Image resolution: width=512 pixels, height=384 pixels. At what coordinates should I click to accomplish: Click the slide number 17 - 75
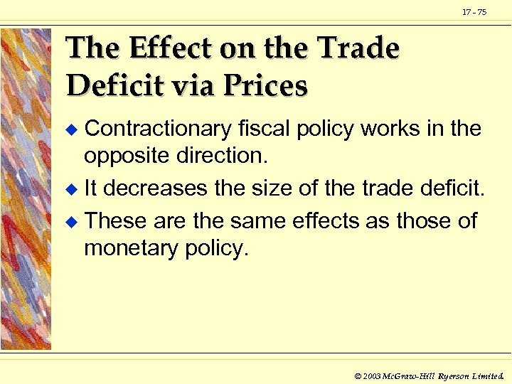(474, 12)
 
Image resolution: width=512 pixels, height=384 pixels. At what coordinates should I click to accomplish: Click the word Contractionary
(158, 129)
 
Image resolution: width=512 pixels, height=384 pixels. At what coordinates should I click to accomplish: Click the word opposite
(127, 155)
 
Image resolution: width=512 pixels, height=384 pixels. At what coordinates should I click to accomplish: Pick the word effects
(326, 221)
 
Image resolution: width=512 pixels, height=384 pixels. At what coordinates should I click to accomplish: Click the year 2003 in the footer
(372, 374)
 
